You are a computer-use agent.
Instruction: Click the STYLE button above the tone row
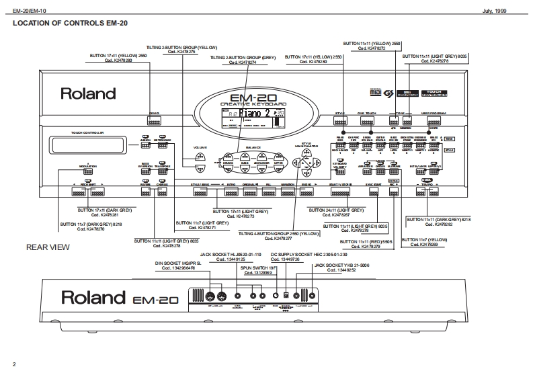point(360,122)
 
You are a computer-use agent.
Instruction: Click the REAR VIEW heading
point(47,247)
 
